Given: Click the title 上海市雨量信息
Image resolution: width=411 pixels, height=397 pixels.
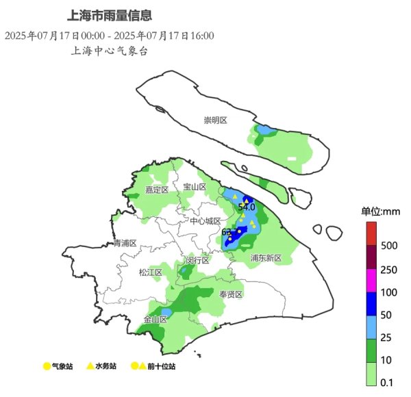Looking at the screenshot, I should click(x=110, y=14).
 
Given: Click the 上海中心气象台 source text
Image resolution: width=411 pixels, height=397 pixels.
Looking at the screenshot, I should click(x=110, y=51).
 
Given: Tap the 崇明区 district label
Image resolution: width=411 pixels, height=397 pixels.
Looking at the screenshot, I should click(x=215, y=120).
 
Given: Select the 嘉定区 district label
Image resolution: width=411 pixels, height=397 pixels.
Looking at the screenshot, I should click(x=157, y=190).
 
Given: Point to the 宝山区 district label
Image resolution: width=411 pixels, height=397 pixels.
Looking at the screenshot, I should click(x=195, y=186).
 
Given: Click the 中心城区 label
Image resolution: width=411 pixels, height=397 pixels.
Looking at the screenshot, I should click(x=206, y=221).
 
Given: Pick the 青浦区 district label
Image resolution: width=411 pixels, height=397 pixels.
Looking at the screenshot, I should click(x=125, y=243).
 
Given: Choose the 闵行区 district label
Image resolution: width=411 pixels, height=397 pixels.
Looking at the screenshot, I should click(x=198, y=260).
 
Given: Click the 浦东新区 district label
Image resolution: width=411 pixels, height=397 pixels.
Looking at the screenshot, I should click(x=266, y=258).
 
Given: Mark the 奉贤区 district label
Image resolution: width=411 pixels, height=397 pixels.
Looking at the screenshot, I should click(x=232, y=294).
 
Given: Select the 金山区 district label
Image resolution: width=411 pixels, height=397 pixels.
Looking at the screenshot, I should click(x=155, y=319).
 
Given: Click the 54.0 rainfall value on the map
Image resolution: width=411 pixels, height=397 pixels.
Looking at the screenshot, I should click(x=247, y=206).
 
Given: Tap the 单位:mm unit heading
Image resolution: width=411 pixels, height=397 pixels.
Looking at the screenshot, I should click(x=380, y=211).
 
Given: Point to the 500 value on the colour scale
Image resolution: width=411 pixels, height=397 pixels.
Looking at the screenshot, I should click(x=389, y=245).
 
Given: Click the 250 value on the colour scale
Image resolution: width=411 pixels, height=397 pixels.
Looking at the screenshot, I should click(x=389, y=270).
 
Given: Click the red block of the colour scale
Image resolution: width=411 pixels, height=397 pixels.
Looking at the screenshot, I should click(x=371, y=233).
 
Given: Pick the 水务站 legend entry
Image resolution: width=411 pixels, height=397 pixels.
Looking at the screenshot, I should click(x=102, y=367).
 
